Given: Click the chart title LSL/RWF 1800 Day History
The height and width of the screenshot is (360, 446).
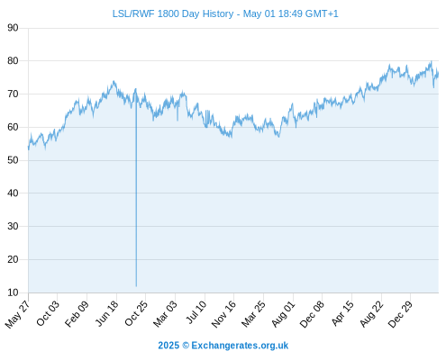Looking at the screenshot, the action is (x=173, y=13).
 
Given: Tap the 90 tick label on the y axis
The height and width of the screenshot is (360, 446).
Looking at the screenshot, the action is (x=13, y=28).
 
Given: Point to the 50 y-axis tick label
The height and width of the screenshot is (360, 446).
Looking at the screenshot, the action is (x=13, y=160).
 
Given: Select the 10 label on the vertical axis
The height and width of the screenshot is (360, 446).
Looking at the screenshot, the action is (x=13, y=292).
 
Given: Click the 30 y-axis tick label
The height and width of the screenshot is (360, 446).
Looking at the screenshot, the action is (x=13, y=226).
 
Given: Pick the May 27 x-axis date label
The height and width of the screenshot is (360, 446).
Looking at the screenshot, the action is (x=18, y=314).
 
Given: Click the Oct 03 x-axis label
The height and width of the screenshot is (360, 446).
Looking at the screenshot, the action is (x=48, y=313).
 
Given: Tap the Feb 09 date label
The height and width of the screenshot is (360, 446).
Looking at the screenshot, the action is (x=77, y=314).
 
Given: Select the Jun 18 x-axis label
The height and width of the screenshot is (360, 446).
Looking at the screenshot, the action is (x=107, y=314).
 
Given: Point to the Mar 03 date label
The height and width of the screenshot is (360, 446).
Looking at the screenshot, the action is (x=166, y=314).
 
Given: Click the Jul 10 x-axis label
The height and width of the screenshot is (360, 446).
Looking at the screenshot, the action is (x=196, y=312).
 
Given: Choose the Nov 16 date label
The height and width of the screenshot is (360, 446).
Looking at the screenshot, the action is (x=224, y=314).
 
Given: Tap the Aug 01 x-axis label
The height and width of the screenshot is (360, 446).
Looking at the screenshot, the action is (x=284, y=314).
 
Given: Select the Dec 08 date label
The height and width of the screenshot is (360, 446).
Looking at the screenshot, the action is (x=313, y=314).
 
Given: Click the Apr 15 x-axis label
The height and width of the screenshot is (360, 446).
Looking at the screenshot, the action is (x=342, y=313).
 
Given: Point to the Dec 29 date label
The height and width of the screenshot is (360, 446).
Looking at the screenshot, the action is (x=401, y=314).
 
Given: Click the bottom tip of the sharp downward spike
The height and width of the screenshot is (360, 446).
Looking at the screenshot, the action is (x=136, y=286).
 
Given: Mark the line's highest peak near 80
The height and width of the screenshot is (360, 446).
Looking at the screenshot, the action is (x=432, y=61).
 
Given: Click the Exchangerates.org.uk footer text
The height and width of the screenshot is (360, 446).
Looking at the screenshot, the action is (x=240, y=346).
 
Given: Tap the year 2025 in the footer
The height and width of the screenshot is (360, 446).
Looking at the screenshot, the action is (x=168, y=346).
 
